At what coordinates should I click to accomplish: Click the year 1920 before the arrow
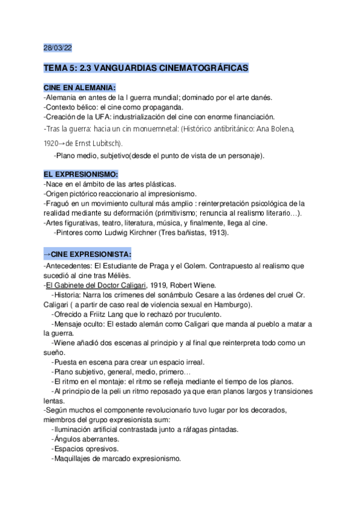[52, 143]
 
